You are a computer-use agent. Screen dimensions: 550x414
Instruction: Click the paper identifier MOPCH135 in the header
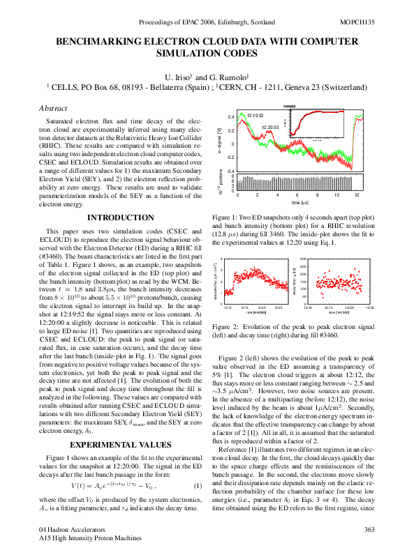357,23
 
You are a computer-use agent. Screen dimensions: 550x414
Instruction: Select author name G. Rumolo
221,75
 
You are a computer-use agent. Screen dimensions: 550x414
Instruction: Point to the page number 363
369,530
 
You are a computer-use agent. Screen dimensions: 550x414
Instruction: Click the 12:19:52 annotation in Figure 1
256,115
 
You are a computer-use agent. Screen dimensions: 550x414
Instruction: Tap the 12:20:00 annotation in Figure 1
270,128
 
